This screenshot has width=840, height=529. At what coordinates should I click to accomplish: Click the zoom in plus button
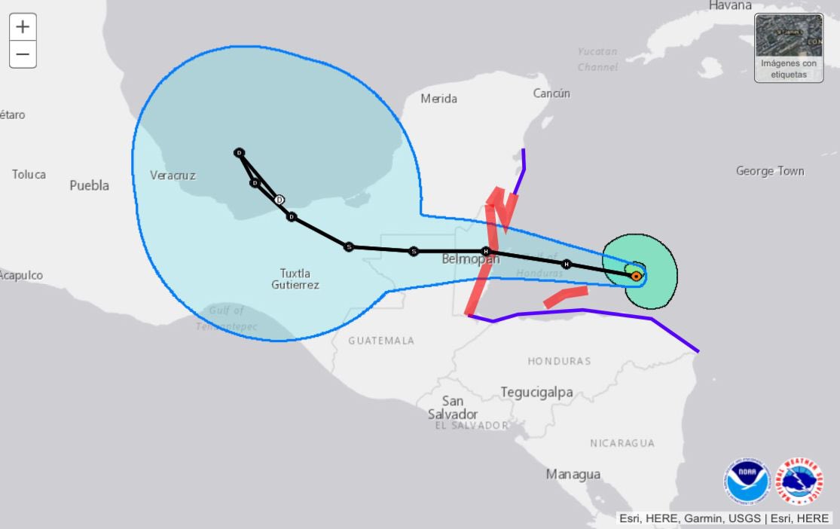(x=23, y=27)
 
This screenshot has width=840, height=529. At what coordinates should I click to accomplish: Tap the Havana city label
(x=730, y=5)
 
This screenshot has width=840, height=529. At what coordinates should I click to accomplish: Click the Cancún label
(x=551, y=93)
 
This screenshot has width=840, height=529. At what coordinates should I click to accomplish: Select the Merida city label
(x=438, y=99)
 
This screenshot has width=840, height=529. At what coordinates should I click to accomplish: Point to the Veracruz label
(x=173, y=176)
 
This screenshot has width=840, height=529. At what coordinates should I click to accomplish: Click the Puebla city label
(x=90, y=185)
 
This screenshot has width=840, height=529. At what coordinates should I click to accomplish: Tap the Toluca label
(x=29, y=174)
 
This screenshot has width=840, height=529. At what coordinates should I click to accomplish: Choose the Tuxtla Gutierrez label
(x=295, y=279)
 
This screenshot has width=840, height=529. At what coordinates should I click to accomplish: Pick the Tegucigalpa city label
(x=536, y=393)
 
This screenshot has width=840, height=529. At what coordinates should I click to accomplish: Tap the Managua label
(x=573, y=474)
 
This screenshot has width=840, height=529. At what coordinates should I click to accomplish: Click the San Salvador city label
(x=453, y=408)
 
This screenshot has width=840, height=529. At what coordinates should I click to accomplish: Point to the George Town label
(x=770, y=171)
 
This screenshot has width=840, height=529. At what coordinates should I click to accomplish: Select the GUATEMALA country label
(x=381, y=341)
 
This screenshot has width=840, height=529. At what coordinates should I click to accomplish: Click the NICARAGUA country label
(x=622, y=443)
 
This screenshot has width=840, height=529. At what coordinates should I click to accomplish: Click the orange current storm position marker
(x=636, y=277)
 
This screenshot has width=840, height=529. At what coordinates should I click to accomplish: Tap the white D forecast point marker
(x=279, y=200)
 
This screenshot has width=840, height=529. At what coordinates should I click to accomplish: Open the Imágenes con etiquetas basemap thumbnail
(x=789, y=47)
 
